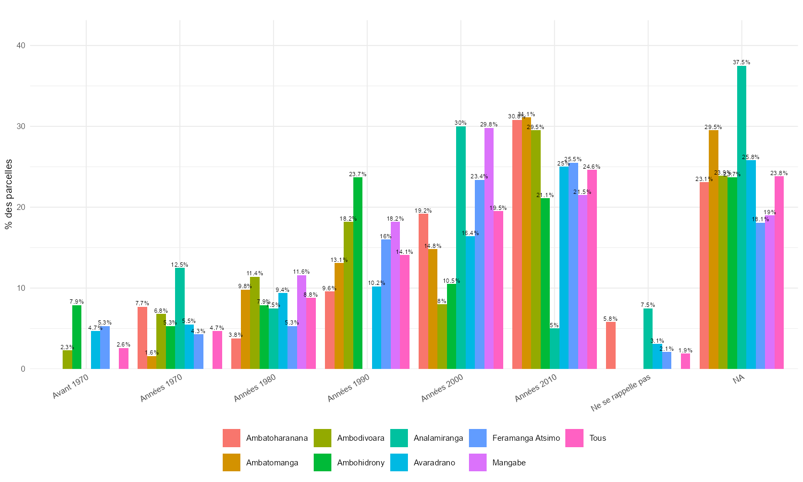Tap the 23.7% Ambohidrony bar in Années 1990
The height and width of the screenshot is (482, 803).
click(358, 273)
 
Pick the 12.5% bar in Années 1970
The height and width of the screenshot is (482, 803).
click(180, 318)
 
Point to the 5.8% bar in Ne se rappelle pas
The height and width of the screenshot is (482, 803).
click(610, 345)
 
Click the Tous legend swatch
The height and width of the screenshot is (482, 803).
click(574, 438)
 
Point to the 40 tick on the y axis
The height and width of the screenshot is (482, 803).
click(21, 46)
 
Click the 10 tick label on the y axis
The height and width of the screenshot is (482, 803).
click(21, 288)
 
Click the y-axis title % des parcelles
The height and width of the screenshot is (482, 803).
click(9, 194)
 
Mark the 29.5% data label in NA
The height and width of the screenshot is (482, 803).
click(713, 127)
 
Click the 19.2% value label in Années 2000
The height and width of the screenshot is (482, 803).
click(423, 210)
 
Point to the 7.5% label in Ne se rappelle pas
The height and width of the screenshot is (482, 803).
click(648, 305)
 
